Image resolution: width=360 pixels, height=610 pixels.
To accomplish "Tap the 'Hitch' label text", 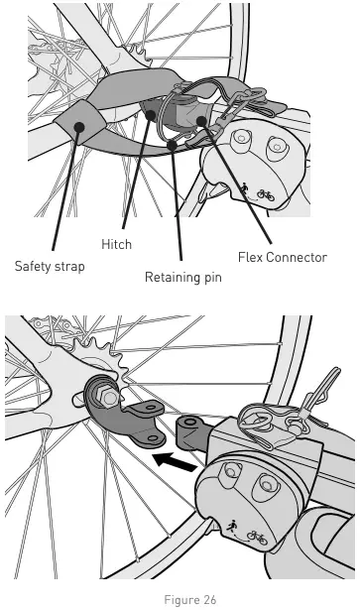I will pos(117,242).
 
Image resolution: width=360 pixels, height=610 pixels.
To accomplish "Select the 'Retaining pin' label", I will pos(182,277).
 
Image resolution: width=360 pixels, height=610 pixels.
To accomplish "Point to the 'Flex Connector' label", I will pos(282,257).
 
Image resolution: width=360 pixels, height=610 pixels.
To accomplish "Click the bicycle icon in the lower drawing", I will pos(258,537).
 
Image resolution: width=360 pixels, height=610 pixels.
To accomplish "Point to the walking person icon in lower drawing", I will pos(231,527).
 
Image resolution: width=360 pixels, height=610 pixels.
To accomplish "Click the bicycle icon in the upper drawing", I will pos(266,194).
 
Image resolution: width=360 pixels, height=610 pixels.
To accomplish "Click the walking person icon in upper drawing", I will pos(244,185).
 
